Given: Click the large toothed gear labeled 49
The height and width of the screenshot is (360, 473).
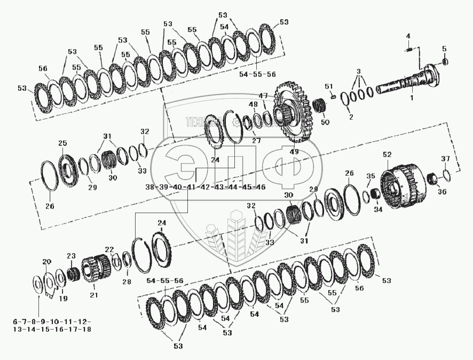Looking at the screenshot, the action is coord(291,112).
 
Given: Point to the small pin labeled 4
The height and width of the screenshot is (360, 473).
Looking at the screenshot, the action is coord(408,50).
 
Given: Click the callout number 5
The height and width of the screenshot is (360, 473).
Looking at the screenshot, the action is coord(444,49).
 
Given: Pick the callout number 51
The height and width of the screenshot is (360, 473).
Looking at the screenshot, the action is coord(328,86).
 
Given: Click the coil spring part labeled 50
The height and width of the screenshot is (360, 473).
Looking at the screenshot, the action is coord(320,105).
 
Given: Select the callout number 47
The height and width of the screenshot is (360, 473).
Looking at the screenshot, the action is coord(263,96).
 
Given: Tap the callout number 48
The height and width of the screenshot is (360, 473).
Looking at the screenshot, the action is coord(253,105).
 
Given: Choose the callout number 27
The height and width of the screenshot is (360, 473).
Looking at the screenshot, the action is coord(256,140).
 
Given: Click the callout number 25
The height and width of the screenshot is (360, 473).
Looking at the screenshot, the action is coord(62,143).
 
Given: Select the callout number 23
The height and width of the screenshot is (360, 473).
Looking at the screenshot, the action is coord(71,256).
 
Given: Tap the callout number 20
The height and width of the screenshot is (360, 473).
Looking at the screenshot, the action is coord(47,262).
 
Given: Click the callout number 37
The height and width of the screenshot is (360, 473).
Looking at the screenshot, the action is coord(445,159).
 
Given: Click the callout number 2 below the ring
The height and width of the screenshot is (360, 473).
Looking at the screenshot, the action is coord(350,117).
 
